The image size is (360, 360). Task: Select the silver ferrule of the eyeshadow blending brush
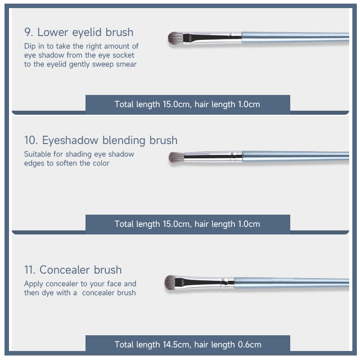[213, 157]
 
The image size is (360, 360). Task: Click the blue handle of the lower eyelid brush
[295, 37]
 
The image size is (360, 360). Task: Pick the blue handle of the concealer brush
[292, 283]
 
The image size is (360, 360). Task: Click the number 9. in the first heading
[29, 32]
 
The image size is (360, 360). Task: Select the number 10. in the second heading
[31, 140]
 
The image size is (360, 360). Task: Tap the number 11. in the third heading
[30, 270]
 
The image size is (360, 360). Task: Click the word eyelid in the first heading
[87, 32]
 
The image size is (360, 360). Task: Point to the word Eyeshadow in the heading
[70, 140]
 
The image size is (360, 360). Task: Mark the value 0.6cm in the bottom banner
[249, 345]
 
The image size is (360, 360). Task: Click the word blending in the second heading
[124, 140]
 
